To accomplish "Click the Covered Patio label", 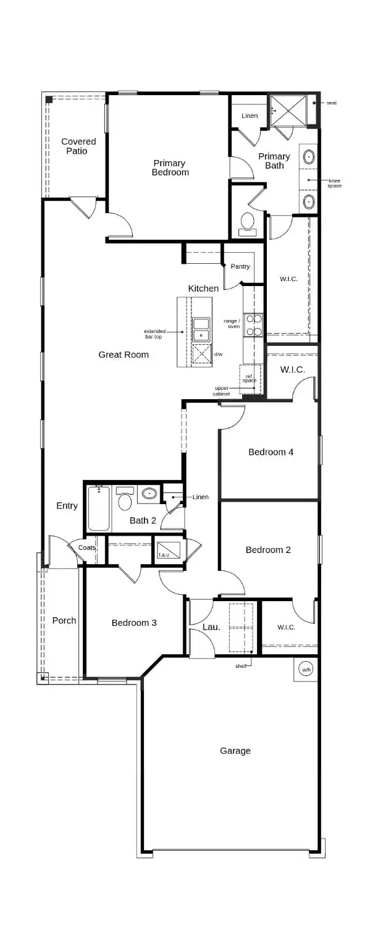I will coord(78,146).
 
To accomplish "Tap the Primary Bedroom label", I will coord(170,167).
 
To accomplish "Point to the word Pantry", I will coord(240,266).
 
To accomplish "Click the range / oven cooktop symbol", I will coord(254,325).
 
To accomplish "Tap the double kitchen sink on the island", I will coord(201,329).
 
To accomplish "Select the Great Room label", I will coord(124,355).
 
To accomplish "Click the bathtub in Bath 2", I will coord(99,508).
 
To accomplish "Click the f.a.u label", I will coord(164,555).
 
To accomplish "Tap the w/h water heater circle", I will coord(306,669).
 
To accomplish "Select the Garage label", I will coord(235,751).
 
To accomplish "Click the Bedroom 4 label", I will coord(271,452).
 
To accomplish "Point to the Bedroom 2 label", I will coord(268,549).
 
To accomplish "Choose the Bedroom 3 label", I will coord(134,622).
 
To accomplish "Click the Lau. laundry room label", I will coord(211,626).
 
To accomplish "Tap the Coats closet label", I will coord(86,547).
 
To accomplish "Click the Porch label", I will coord(64,620).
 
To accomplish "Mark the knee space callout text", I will coord(334,183).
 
